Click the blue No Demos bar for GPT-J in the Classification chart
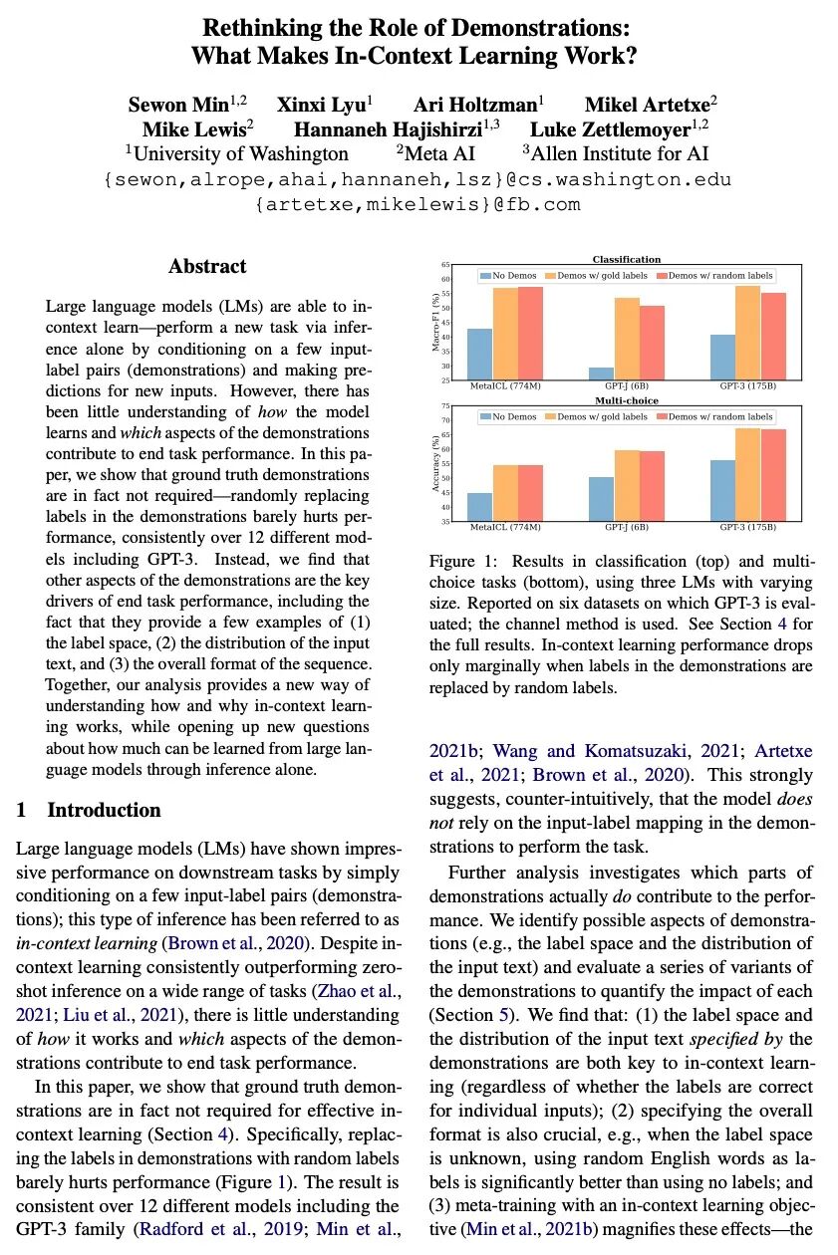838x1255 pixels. click(x=600, y=374)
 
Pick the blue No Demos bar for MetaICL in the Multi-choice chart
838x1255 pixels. click(x=480, y=507)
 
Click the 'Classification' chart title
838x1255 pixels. click(x=626, y=260)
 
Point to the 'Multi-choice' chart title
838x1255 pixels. click(x=626, y=400)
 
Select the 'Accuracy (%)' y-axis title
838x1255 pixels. click(x=436, y=464)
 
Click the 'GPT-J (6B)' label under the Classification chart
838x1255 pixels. click(x=626, y=384)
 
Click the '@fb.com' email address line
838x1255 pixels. click(x=419, y=205)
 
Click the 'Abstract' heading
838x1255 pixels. click(x=207, y=266)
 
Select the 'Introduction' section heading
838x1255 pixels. click(x=104, y=810)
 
